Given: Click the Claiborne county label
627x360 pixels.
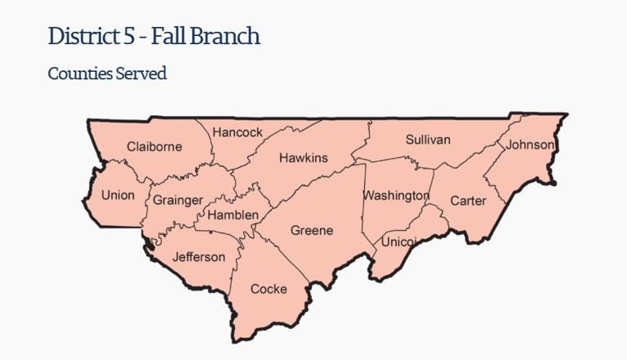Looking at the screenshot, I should (x=154, y=147).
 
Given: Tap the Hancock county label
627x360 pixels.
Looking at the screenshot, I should (x=238, y=132).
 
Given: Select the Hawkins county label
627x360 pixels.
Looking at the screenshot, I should (x=303, y=158).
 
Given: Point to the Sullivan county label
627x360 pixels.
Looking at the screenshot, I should (x=428, y=140).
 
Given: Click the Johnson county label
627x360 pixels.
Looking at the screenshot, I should (x=530, y=145).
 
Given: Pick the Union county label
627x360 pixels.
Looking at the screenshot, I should (x=118, y=195).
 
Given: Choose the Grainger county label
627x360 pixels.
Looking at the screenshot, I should (x=178, y=200).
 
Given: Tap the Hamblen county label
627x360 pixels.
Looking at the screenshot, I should (x=233, y=216).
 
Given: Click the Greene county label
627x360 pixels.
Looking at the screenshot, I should (x=312, y=230).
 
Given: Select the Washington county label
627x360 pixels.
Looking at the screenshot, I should (x=396, y=196).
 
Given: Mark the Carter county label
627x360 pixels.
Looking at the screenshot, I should (x=468, y=200).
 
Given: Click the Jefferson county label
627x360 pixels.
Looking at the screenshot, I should (x=198, y=257).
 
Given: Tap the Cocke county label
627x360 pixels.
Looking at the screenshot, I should (x=269, y=289).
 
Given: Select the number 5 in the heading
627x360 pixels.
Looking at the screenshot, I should (x=125, y=36).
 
